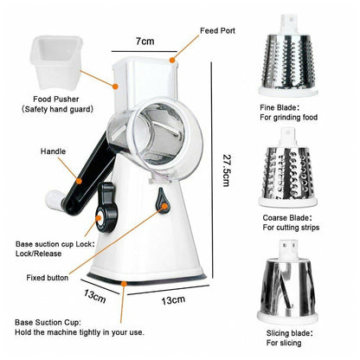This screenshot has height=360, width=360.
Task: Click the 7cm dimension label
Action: click(145, 41)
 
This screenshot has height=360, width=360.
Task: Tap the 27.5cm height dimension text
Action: click(227, 170)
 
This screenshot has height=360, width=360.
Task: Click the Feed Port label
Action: click(217, 30)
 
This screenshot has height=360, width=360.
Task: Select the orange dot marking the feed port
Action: click(172, 60)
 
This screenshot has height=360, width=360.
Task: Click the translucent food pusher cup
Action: click(56, 61)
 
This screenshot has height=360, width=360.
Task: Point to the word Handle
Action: click(53, 151)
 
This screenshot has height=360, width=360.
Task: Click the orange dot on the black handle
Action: click(79, 181)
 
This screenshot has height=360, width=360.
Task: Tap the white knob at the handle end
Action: click(55, 200)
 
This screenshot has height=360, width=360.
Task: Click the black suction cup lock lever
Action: click(106, 207)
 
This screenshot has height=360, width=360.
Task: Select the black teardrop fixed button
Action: click(162, 200)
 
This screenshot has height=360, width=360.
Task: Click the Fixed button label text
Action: click(48, 278)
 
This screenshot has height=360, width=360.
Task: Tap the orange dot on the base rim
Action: click(124, 284)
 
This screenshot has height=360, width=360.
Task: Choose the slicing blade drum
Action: click(287, 282)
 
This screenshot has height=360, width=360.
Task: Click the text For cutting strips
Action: click(291, 228)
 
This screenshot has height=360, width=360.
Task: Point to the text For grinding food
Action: click(288, 118)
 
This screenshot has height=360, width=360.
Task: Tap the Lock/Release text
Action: click(38, 254)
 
